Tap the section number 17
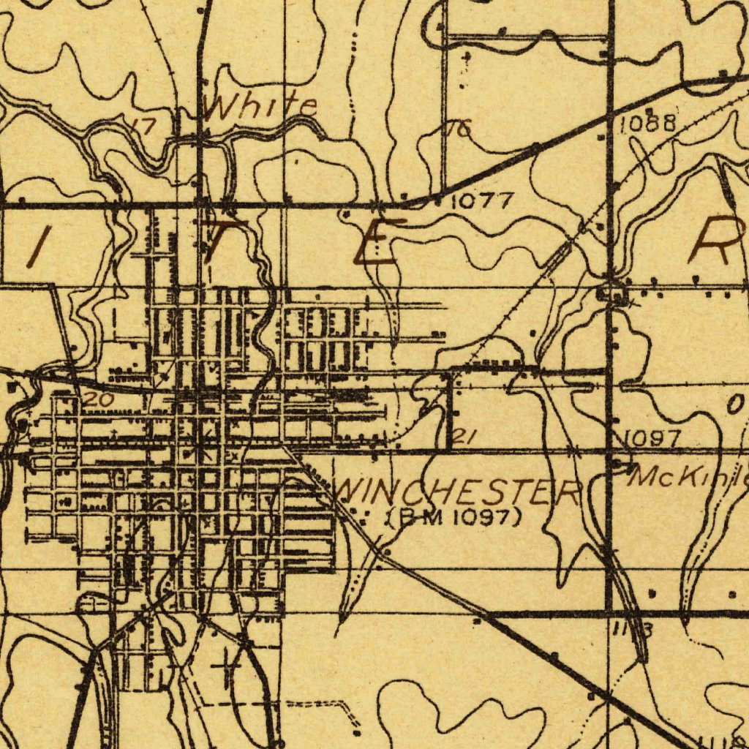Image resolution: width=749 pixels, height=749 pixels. [145, 126]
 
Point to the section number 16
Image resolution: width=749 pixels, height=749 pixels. [459, 129]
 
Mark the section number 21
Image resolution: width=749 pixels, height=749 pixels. [465, 437]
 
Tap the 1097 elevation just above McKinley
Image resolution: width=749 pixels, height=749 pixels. [652, 438]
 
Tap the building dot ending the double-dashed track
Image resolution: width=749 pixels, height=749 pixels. [356, 731]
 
